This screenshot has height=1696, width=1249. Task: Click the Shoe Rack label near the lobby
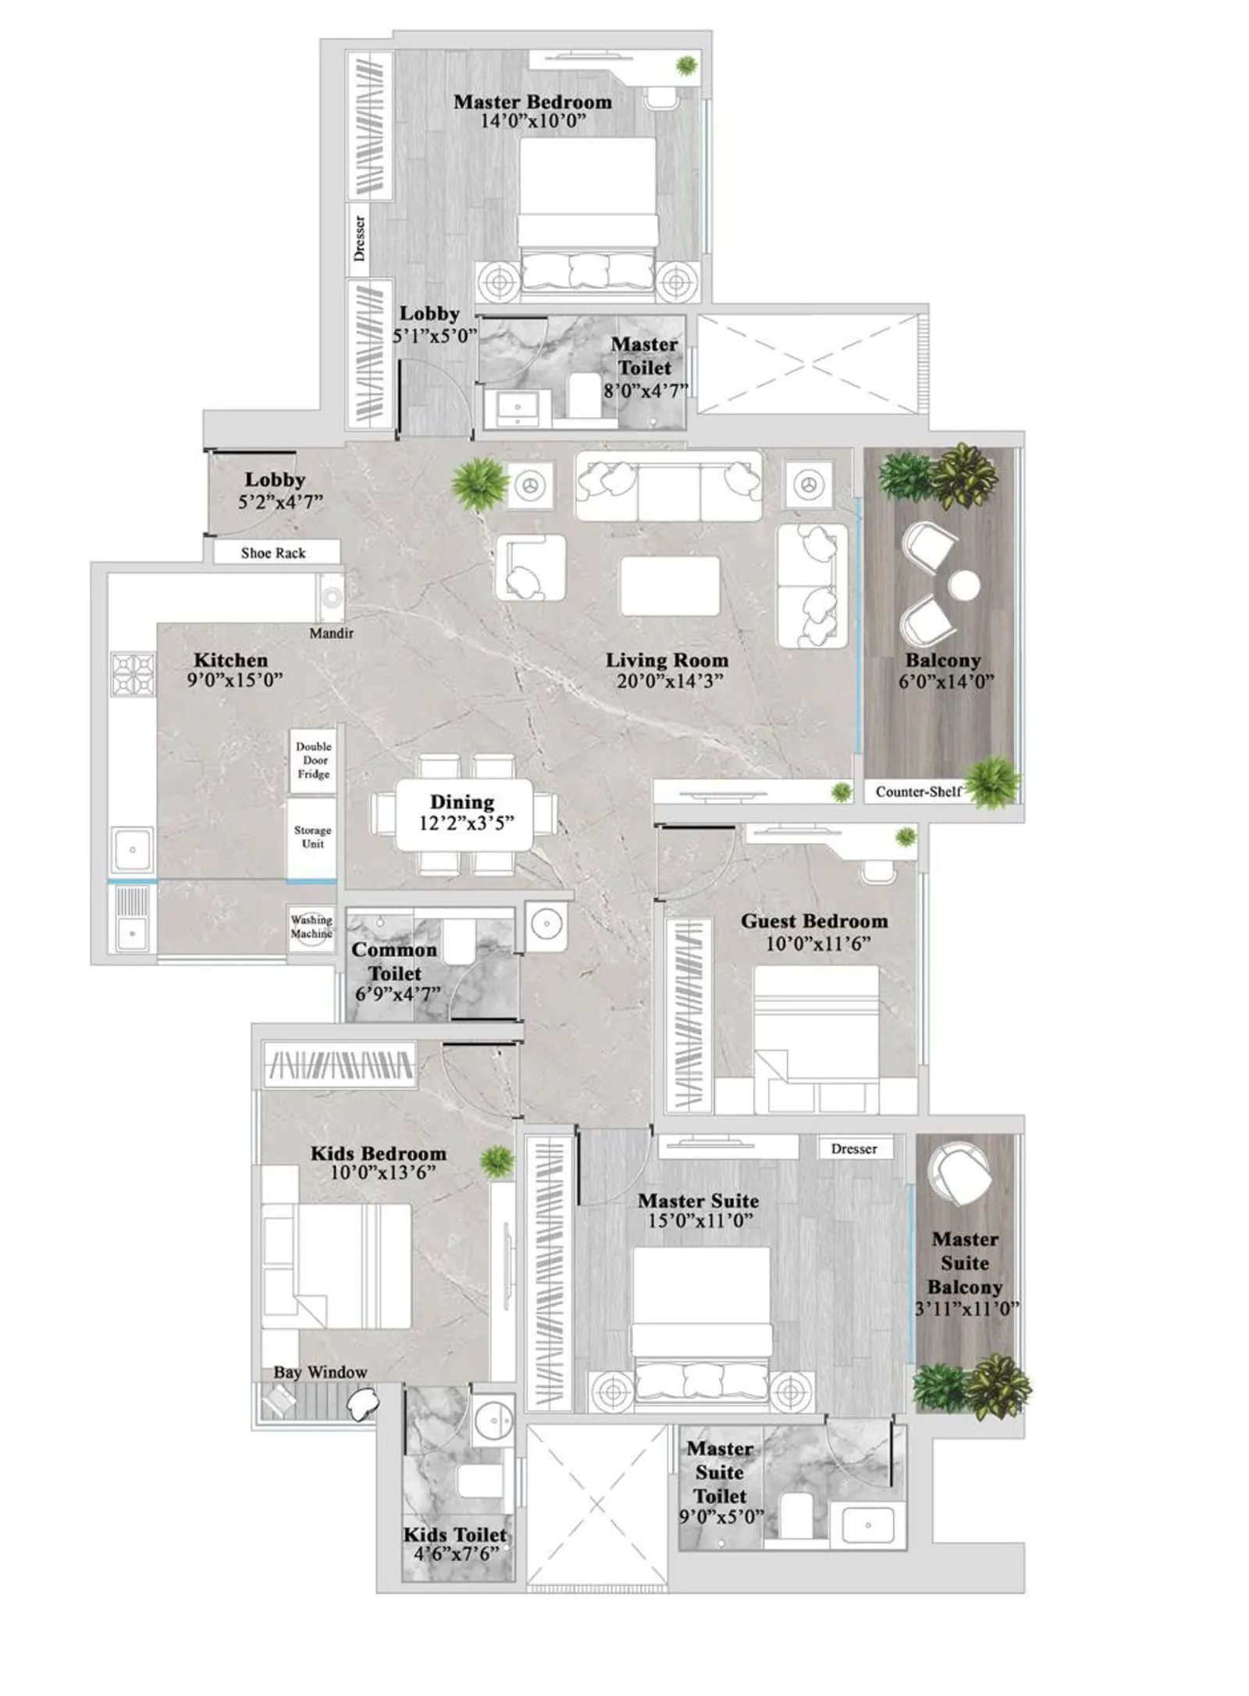(272, 553)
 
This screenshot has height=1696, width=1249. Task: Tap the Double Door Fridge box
(313, 760)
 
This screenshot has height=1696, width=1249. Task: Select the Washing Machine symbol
(311, 928)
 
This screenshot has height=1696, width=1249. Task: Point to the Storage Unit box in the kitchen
(312, 837)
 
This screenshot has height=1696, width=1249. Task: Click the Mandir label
(331, 633)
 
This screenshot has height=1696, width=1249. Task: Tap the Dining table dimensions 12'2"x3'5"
(466, 823)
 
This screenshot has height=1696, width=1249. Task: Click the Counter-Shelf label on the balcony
(918, 791)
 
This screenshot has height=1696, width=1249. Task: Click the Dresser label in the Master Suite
(854, 1148)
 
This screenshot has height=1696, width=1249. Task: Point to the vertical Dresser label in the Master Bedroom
(359, 238)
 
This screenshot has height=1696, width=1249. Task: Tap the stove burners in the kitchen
(133, 674)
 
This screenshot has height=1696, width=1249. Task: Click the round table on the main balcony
(964, 585)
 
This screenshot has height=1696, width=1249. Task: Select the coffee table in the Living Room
(670, 586)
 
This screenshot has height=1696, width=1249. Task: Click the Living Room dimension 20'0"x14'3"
(670, 681)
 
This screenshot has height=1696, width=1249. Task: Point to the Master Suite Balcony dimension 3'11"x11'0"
(966, 1309)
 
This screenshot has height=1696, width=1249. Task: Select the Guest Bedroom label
(814, 921)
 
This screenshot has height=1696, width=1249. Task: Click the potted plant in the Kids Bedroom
(496, 1161)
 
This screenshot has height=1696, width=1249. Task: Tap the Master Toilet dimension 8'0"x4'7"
(645, 391)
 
